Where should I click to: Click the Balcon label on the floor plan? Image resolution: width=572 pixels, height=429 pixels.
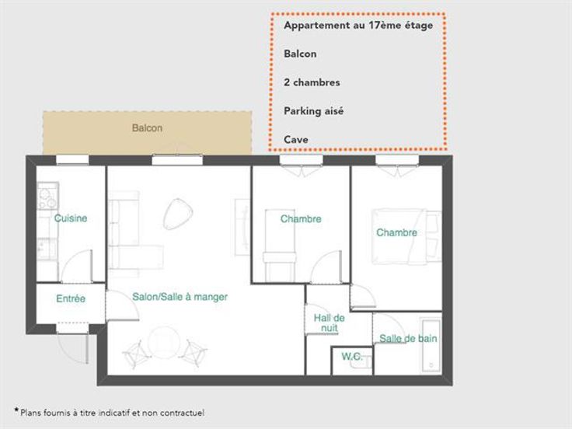147,128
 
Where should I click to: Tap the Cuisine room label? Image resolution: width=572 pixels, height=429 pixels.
71,218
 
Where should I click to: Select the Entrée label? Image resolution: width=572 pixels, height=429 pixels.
71,298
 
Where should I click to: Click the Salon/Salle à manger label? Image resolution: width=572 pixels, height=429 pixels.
180,297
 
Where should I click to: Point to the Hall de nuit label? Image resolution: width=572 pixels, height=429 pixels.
329,323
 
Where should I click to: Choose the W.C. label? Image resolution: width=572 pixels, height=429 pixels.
352,356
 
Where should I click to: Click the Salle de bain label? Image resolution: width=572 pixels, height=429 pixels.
408,339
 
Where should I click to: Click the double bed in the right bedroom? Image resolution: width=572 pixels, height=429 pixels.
399,236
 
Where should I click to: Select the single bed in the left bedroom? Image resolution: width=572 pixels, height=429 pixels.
280,245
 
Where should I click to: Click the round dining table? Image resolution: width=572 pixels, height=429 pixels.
164,343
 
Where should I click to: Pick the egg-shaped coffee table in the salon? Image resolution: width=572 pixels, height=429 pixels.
178,214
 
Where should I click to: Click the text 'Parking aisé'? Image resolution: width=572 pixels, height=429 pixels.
314,111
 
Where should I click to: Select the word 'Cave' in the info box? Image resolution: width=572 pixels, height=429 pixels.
296,139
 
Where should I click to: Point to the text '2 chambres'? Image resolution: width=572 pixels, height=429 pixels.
312,82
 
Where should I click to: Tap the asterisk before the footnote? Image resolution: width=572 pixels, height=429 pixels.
16,411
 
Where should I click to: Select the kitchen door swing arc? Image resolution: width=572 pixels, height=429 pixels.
74,263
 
